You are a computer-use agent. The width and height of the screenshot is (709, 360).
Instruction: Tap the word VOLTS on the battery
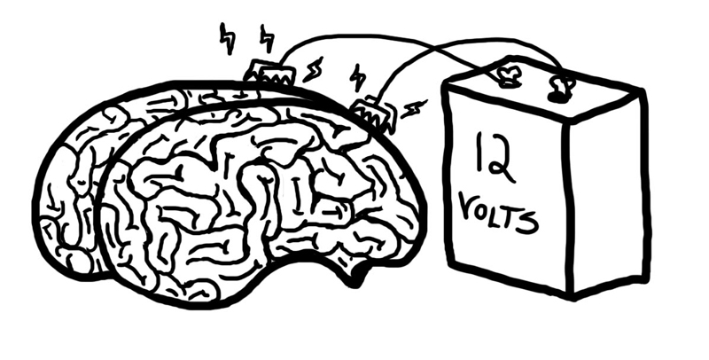[498, 212]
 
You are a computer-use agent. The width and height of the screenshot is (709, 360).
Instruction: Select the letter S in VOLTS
[529, 222]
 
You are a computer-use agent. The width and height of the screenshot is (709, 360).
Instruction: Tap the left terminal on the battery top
[507, 76]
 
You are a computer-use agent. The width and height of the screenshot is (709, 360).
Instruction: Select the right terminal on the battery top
[561, 88]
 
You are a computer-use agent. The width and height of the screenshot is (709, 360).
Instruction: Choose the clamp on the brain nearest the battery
[373, 113]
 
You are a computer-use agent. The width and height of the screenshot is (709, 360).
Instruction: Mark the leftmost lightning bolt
[227, 38]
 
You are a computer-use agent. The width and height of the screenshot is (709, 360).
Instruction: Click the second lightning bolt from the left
[268, 37]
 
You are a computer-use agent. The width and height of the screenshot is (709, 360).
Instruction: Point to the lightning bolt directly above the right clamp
[358, 77]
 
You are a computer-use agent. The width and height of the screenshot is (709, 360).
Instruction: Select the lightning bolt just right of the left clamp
[313, 70]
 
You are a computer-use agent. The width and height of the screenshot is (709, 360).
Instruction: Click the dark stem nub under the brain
[357, 275]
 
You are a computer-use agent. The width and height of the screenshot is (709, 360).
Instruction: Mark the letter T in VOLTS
[511, 216]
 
